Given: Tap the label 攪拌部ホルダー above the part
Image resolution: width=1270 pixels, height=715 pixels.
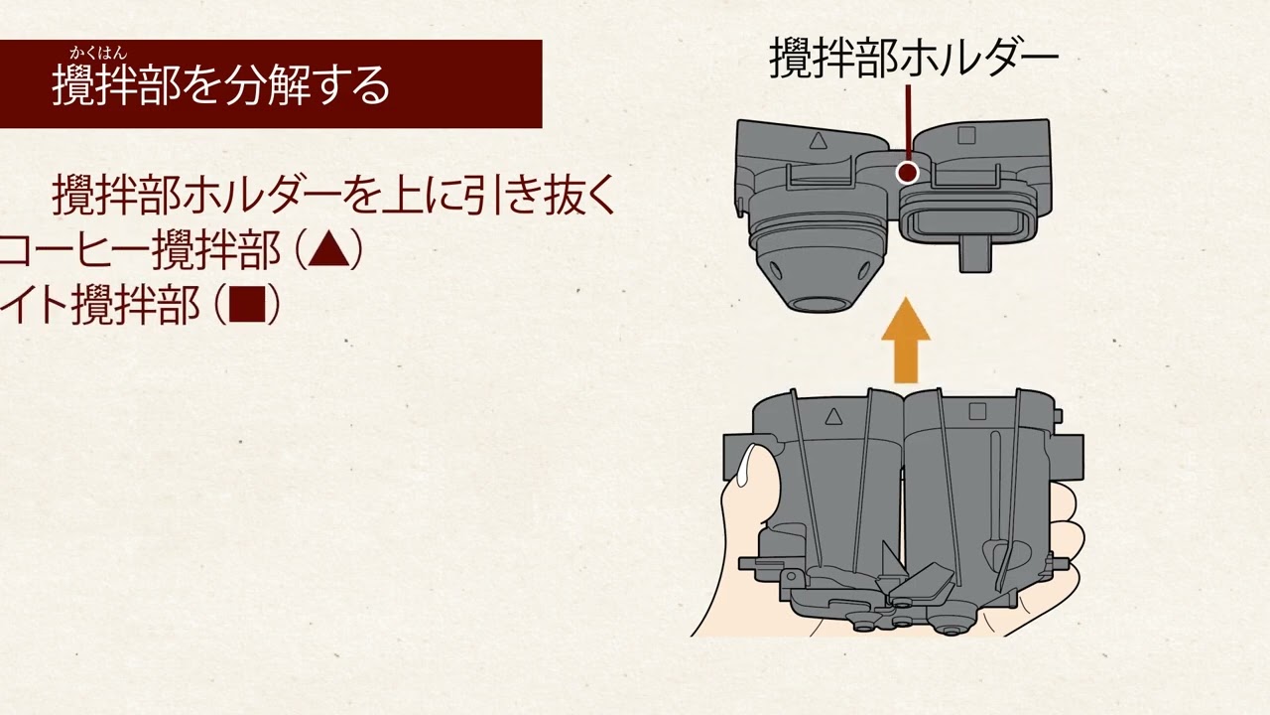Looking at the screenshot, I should pos(914,61).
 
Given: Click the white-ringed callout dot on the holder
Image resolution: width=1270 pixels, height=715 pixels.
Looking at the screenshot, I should pos(907,173).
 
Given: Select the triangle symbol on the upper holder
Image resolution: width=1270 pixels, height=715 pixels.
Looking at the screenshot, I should pos(819,140).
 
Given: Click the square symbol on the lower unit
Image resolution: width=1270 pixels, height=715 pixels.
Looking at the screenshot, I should pos(977,410).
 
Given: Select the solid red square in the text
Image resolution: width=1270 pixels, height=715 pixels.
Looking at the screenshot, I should pos(247,306).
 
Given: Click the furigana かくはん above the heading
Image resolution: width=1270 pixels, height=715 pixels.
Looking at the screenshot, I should pos(98,54).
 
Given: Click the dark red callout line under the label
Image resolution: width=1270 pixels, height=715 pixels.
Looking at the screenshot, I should pos(907,123).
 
